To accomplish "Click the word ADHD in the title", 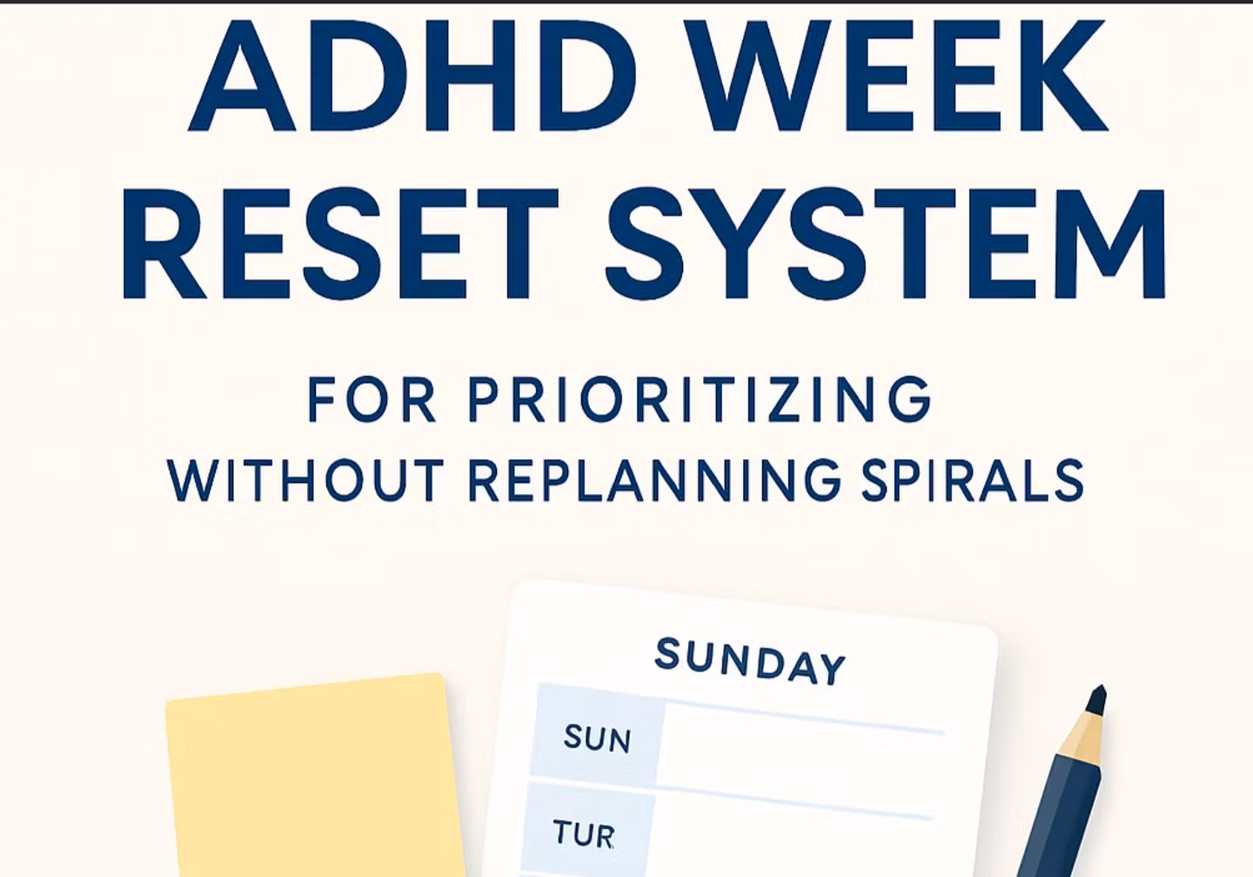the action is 412,76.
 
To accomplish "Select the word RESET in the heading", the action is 340,244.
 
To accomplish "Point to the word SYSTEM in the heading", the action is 886,244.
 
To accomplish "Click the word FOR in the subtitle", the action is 372,399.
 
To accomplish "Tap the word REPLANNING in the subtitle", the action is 654,480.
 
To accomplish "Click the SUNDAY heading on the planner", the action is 749,661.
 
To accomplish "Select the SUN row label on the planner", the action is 597,738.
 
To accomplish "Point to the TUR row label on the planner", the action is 583,833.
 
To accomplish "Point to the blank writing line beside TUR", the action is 794,803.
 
